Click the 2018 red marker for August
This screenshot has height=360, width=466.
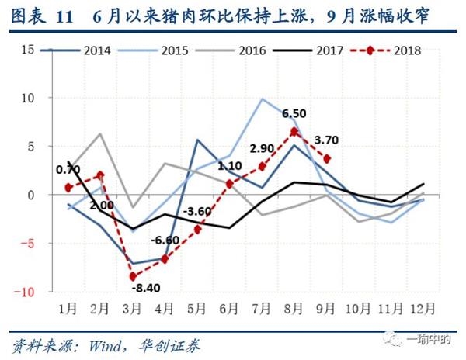(294, 132)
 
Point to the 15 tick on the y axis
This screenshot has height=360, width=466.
(29, 50)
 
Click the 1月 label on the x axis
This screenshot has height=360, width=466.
(68, 308)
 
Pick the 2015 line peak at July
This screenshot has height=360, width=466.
(263, 99)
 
